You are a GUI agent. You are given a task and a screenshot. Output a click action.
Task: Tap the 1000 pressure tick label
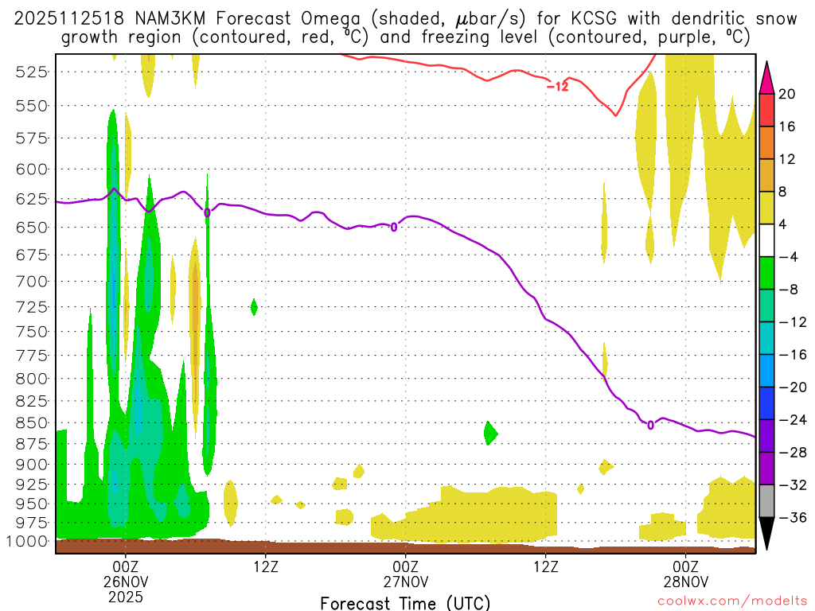coord(29,541)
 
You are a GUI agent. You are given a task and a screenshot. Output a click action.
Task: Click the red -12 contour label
coord(557,86)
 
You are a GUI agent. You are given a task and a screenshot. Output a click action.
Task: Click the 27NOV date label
coord(406,581)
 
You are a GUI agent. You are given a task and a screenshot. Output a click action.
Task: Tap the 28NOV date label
coord(686,581)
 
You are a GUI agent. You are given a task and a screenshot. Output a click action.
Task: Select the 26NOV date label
coord(126,581)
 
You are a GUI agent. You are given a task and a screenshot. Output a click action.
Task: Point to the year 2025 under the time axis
coord(126,596)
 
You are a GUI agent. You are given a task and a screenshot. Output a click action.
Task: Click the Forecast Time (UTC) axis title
coord(405,602)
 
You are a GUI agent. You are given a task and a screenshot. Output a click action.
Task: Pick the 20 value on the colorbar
coord(787,94)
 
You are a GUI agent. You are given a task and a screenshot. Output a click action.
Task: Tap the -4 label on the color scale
coord(787,257)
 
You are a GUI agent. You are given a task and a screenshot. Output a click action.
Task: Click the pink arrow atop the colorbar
coord(767,77)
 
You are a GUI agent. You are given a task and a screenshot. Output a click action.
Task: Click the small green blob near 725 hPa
coord(254,306)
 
